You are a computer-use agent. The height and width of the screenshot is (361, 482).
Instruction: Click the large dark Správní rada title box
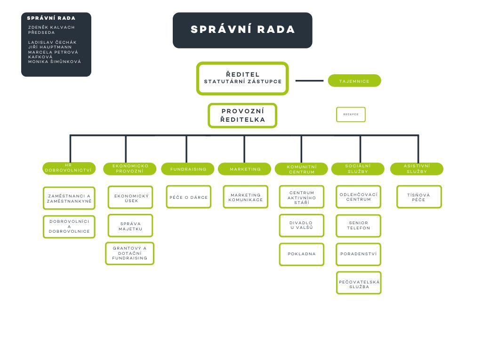[242, 30]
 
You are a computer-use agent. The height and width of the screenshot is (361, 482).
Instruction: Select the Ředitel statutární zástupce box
[242, 78]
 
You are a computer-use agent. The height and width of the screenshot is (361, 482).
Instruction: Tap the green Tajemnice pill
[354, 81]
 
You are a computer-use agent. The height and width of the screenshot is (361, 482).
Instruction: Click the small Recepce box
[351, 114]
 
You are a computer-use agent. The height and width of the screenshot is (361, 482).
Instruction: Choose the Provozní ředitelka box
[242, 116]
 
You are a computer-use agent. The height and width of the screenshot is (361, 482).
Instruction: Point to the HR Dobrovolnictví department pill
[69, 168]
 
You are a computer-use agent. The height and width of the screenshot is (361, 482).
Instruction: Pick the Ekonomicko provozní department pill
[130, 169]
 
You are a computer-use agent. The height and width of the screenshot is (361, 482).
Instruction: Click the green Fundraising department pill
[188, 169]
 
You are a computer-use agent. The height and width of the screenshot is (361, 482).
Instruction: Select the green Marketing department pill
[245, 169]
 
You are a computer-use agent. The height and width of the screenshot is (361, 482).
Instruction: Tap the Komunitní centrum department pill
[302, 169]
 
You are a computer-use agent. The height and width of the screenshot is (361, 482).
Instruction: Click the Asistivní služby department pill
[417, 169]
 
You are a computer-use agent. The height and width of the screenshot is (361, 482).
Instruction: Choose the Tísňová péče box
[419, 197]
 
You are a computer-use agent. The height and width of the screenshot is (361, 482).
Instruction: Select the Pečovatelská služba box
[359, 283]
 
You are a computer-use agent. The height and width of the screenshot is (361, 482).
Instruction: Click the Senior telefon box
[359, 226]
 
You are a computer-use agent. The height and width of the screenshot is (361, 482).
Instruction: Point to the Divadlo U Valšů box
[302, 226]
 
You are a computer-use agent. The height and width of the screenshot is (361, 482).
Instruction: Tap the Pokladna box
[302, 254]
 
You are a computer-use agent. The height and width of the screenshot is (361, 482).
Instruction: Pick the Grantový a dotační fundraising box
[129, 253]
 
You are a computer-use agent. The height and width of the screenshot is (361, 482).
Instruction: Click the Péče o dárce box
[188, 197]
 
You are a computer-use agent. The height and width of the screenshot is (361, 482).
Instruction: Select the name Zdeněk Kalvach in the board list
[51, 27]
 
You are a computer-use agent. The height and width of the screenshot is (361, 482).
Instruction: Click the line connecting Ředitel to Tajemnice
[309, 81]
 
